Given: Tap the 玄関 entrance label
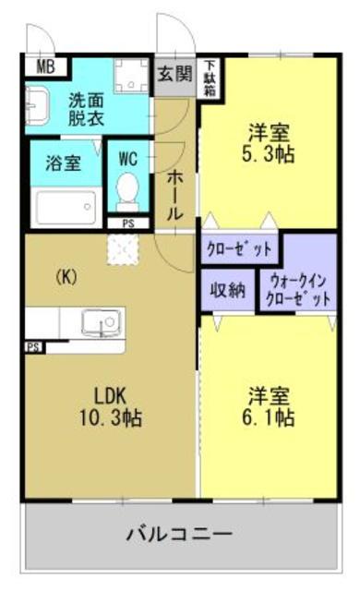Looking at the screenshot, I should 173,73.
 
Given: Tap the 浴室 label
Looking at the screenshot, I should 63,163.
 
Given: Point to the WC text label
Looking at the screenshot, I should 127,158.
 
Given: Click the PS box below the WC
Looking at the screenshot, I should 126,223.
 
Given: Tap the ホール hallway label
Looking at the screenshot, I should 174,195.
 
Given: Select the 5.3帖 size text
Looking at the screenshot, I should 268,154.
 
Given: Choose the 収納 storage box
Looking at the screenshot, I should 227,289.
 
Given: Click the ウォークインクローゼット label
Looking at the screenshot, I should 297,289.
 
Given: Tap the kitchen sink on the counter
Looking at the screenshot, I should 97,322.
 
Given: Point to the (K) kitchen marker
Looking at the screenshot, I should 66,275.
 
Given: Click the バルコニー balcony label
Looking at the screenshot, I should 179,533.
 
